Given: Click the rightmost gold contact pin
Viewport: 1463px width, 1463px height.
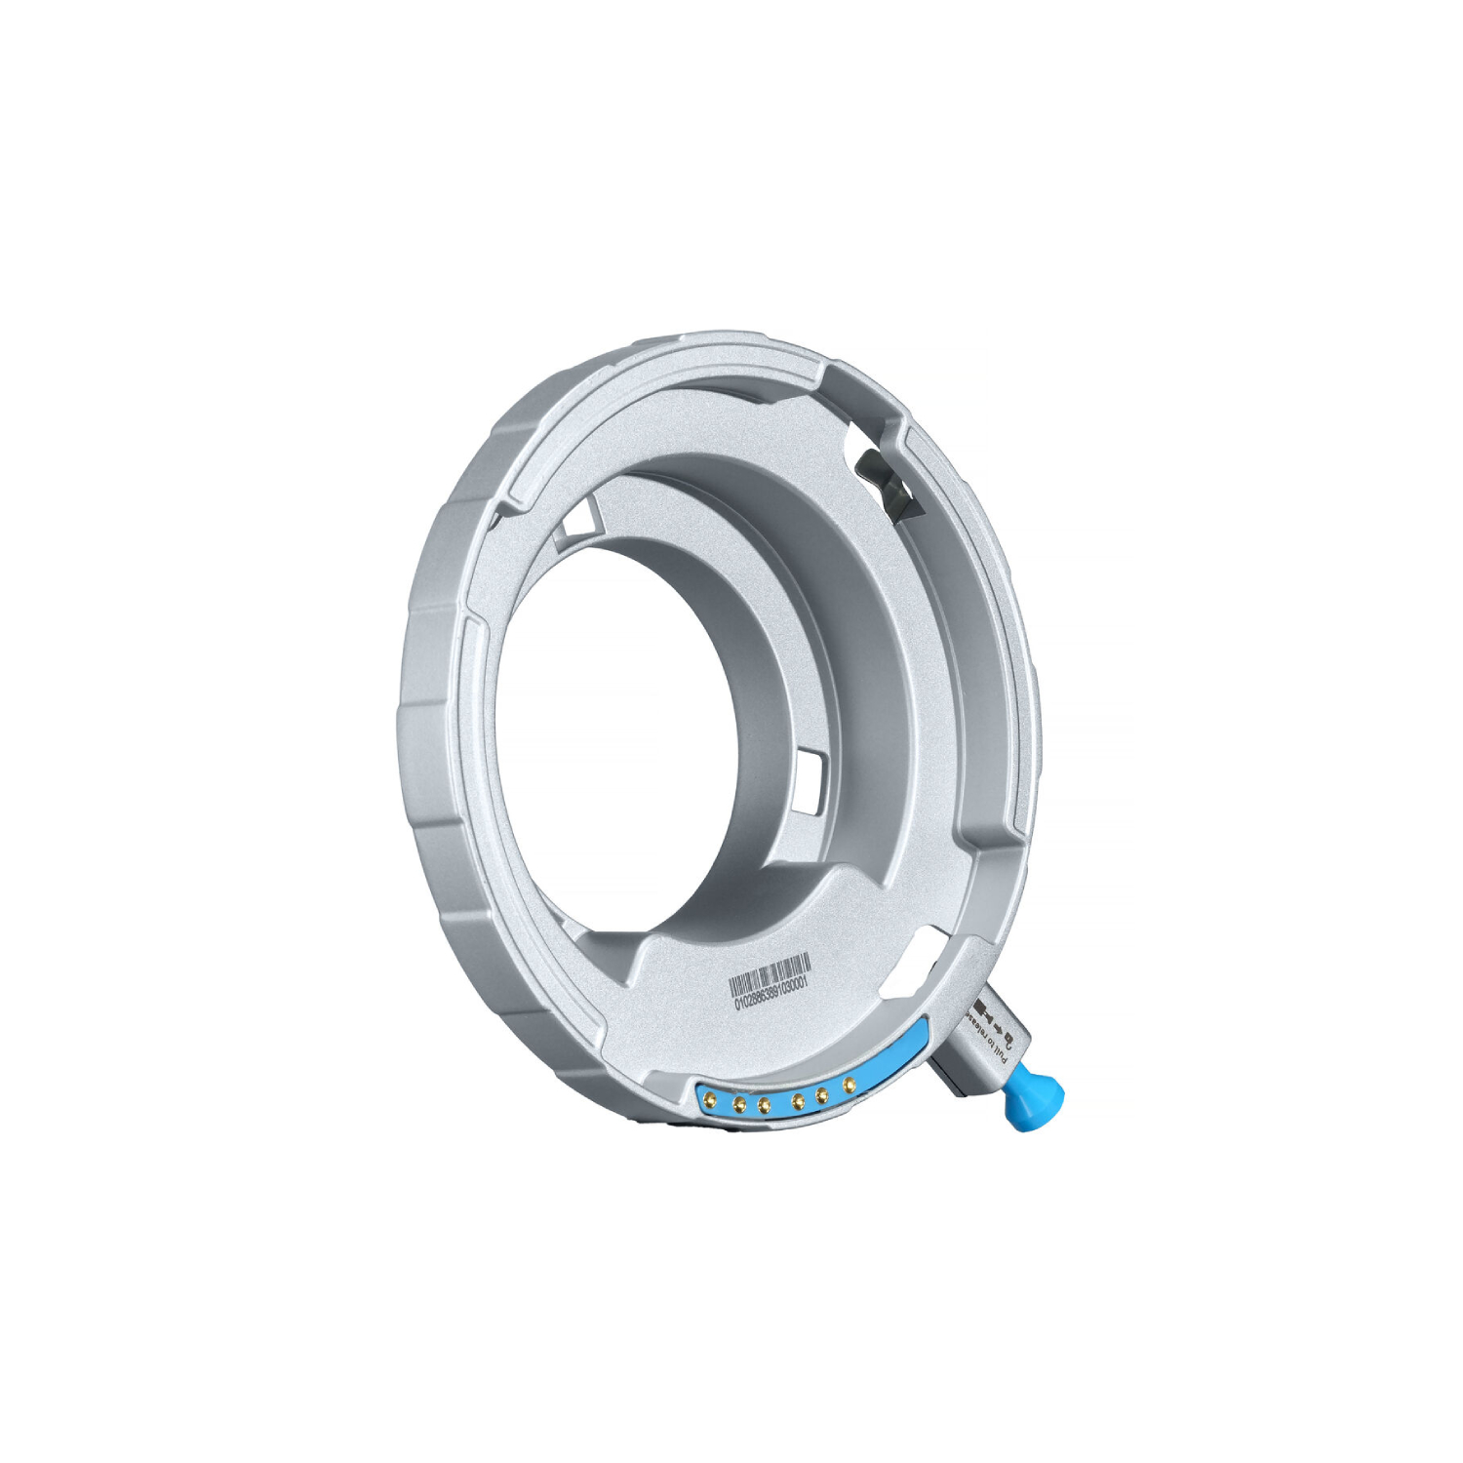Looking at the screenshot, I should click(850, 1082).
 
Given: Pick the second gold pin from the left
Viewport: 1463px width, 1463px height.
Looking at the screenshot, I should click(740, 1105).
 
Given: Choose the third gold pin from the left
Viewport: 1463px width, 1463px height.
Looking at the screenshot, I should click(765, 1105).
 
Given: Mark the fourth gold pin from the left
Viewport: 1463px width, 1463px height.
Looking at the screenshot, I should click(799, 1102).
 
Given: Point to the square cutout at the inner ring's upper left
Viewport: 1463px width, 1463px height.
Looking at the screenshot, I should click(575, 518).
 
